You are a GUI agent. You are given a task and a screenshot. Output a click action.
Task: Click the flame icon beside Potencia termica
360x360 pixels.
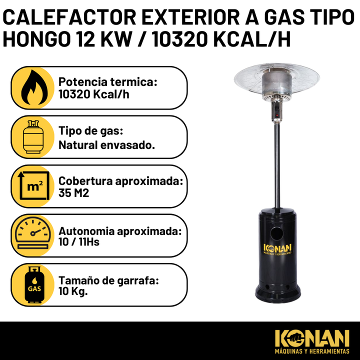(x=34, y=87)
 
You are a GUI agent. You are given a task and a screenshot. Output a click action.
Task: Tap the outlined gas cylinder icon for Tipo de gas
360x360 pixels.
(x=33, y=137)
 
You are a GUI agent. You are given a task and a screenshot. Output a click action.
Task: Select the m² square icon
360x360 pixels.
(x=34, y=185)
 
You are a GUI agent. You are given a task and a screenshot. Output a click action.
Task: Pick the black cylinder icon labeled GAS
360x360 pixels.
(x=34, y=284)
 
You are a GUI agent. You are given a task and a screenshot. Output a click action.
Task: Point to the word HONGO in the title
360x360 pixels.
(x=36, y=39)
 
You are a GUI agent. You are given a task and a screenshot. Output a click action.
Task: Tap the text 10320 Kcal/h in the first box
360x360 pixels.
(x=93, y=94)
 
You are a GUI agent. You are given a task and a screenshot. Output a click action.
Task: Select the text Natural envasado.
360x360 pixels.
(x=106, y=145)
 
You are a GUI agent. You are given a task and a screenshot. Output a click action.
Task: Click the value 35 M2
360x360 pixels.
(x=73, y=193)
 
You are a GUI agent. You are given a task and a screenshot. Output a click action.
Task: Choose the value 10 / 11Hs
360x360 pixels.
(x=79, y=242)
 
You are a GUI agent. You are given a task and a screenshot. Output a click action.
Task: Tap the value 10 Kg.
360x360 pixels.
(x=73, y=291)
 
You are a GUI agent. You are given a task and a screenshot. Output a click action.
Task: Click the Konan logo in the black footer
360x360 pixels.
(x=312, y=341)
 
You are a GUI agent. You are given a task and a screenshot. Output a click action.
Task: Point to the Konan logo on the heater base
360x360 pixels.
(x=277, y=249)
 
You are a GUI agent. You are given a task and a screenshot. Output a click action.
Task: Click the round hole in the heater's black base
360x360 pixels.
(x=276, y=233)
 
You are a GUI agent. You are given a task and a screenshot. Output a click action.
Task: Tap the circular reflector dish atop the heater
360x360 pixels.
(x=276, y=79)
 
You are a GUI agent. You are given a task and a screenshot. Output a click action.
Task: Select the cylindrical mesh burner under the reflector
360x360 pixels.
(x=277, y=84)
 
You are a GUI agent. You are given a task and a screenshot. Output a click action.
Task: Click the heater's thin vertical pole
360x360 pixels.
(x=277, y=165)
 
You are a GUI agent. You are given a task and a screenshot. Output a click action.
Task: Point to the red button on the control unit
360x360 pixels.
(x=277, y=115)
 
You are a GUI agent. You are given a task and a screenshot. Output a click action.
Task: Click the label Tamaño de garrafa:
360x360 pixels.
(x=108, y=280)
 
